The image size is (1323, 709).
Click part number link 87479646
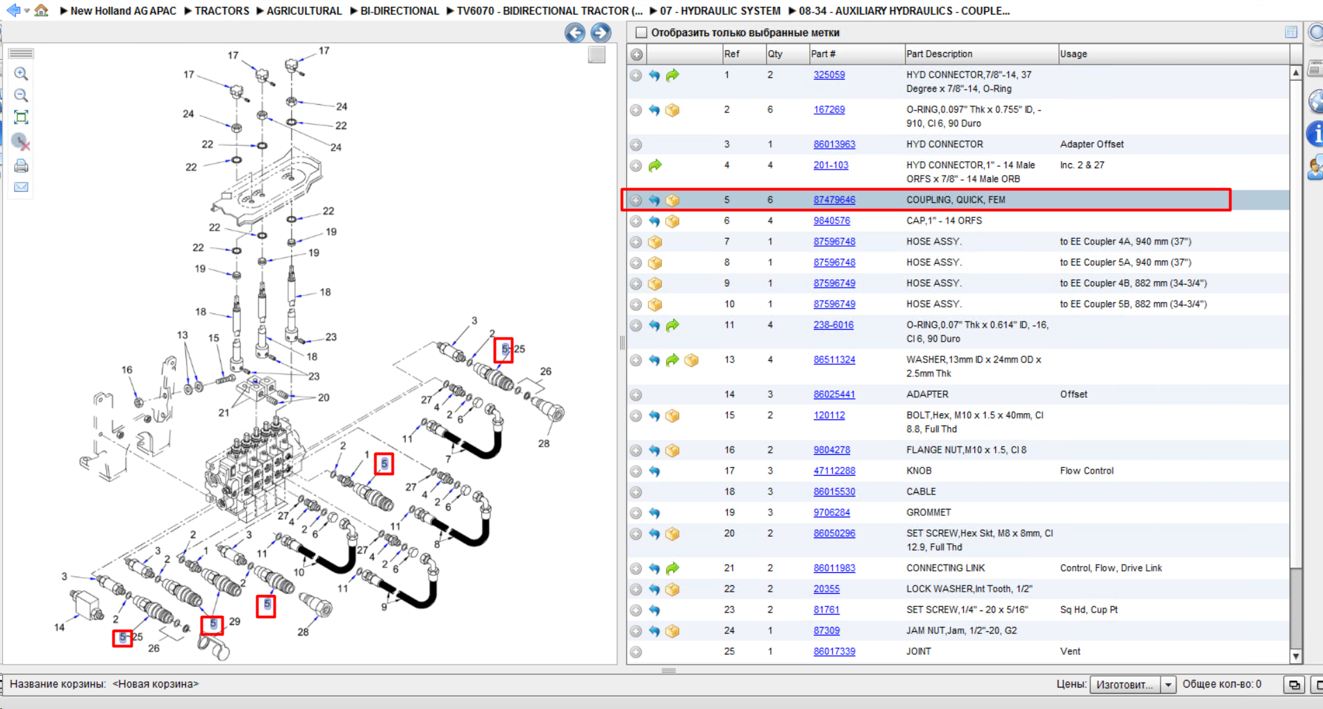pos(834,200)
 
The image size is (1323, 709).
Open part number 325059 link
pos(829,75)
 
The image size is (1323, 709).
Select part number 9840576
pos(831,221)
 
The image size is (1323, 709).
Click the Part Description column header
pos(939,54)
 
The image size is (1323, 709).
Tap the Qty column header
pos(775,54)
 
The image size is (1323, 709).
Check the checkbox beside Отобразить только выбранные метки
pos(641,33)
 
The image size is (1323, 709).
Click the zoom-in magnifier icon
pos(21,74)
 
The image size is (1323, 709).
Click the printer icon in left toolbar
pos(21,166)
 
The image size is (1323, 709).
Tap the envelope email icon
pos(21,187)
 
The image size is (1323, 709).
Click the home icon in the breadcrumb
pos(42,10)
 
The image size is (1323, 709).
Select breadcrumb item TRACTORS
pos(222,11)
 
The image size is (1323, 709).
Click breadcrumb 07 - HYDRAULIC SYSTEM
pos(720,11)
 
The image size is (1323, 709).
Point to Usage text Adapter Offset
pos(1092,144)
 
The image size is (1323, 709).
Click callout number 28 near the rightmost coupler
pos(544,443)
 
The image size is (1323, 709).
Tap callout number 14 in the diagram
pos(60,627)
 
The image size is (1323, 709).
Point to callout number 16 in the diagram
pos(126,369)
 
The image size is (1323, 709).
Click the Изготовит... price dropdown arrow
pos(1168,685)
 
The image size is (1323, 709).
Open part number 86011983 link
pos(834,568)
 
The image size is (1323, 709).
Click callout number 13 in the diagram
pos(182,335)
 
